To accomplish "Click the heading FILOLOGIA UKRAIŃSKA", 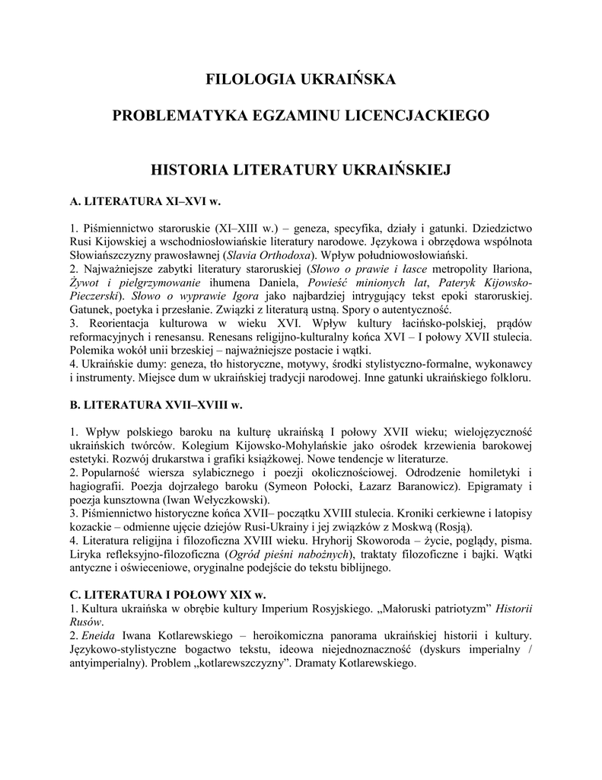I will pos(301,78).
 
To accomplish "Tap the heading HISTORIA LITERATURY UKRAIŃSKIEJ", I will pos(301,168).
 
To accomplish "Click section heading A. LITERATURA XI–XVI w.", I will pos(145,202).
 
